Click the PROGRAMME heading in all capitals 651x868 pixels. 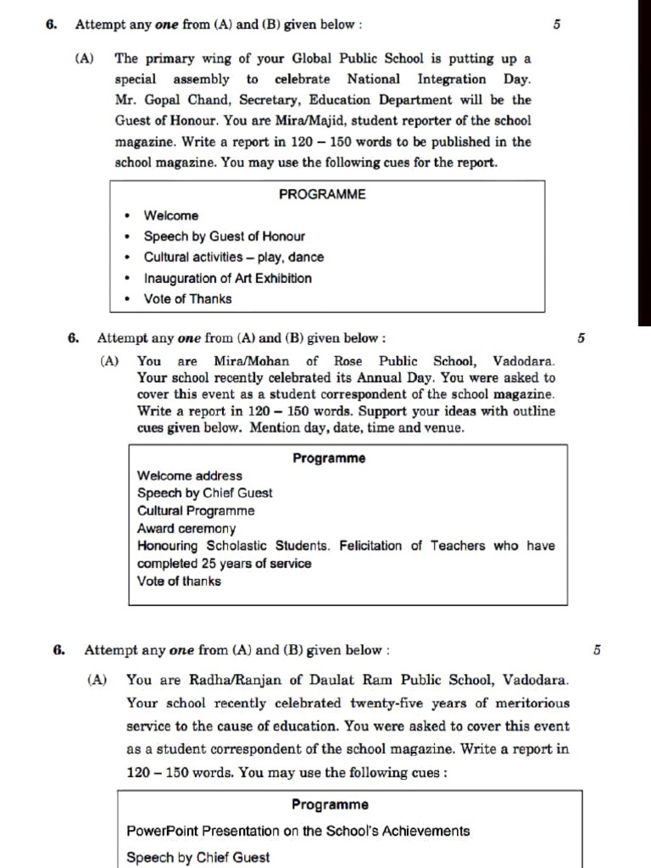[322, 194]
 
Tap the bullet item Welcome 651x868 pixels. [170, 216]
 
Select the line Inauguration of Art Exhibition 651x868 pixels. [227, 278]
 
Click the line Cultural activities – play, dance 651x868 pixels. [233, 257]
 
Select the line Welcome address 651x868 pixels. [189, 476]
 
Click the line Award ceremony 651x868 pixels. [186, 528]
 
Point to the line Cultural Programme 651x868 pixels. [195, 511]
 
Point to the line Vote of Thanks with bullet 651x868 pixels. [186, 298]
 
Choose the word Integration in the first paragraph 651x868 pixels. [452, 80]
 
